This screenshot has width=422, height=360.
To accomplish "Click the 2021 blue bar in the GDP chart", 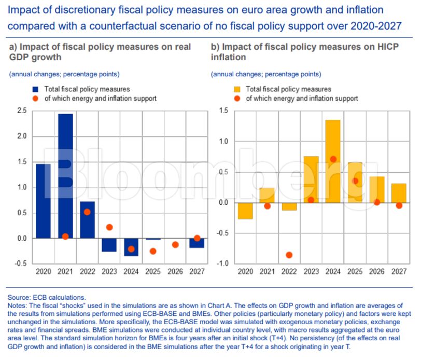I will click(65, 176).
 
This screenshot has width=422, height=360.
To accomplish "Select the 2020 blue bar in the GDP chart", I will click(43, 201).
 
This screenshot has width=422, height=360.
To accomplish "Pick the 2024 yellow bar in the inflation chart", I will click(333, 161).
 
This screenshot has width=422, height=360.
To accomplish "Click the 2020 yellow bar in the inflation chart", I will click(245, 211).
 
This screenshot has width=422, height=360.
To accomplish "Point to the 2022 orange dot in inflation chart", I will click(289, 255).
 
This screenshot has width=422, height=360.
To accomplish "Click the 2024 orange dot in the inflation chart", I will click(333, 159).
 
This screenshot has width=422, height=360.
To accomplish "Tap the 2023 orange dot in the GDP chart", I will click(109, 227).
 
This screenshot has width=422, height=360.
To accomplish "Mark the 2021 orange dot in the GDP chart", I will click(65, 237).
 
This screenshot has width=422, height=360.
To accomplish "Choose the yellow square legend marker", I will click(238, 89).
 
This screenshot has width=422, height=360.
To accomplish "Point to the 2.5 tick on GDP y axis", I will click(22, 110).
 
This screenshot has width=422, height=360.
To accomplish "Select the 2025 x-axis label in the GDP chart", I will click(153, 271).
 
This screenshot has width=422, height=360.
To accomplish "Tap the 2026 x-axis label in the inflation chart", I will click(377, 271).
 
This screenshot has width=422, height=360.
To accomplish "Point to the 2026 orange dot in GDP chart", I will click(175, 244).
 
